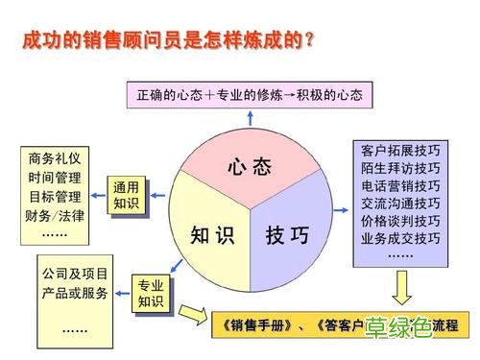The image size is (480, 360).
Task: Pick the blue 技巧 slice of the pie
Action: click(x=287, y=233)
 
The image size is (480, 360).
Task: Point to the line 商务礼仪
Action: click(x=56, y=158)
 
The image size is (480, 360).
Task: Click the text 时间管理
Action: click(x=56, y=178)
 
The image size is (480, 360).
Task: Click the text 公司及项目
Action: click(x=75, y=274)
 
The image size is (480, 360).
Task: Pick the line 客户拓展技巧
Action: click(x=400, y=152)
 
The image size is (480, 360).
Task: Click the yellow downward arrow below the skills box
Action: click(x=400, y=287)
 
